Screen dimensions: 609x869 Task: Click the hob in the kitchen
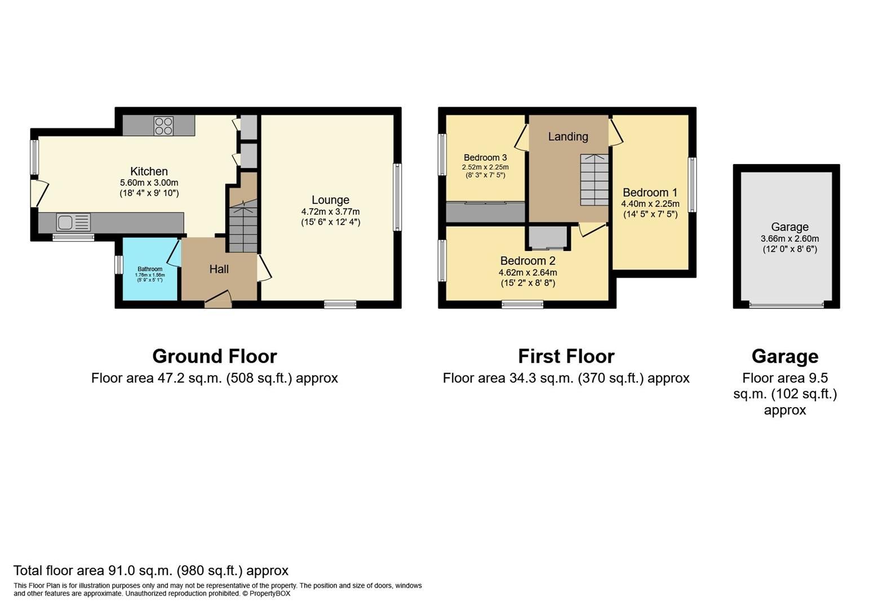point(164,126)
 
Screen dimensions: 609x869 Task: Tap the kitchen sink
point(73,222)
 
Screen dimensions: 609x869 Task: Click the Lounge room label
point(330,200)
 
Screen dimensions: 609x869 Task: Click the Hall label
point(219,270)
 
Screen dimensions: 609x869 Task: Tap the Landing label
point(567,136)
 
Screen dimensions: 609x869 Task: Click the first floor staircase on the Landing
point(595,180)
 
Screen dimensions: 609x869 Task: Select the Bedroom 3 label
point(485,158)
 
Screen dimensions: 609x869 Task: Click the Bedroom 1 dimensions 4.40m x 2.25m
point(650,204)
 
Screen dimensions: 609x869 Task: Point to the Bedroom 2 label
point(527,261)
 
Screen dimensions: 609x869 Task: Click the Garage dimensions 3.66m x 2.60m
point(789,239)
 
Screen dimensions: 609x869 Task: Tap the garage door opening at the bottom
point(786,305)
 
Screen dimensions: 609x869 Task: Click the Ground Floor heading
point(214,356)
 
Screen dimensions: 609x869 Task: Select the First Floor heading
point(566,356)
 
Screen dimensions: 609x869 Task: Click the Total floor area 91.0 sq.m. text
point(150,571)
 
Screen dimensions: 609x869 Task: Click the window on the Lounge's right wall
point(397,197)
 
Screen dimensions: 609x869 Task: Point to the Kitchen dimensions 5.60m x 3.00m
point(149,183)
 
